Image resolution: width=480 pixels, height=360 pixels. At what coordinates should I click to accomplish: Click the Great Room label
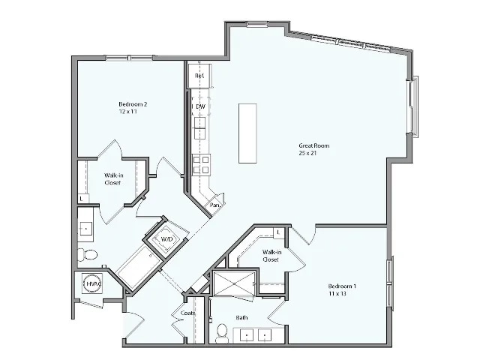313,145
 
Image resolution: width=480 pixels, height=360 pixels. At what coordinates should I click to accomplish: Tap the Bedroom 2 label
133,103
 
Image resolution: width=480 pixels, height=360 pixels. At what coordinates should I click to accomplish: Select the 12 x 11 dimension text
127,111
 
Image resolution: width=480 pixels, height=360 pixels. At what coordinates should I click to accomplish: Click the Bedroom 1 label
342,286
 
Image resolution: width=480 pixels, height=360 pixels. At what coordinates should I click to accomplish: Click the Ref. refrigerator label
199,76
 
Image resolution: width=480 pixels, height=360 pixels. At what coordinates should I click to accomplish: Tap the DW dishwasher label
200,107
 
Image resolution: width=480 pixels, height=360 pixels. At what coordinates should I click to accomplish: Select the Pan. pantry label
215,205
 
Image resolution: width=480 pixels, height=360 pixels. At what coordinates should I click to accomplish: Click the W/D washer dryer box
166,239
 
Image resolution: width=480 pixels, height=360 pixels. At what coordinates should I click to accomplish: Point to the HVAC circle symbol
92,284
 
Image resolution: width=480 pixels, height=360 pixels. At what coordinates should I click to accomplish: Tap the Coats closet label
187,313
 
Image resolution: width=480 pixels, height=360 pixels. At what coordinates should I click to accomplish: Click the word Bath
242,318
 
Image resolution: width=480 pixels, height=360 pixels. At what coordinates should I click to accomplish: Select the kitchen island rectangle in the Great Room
249,133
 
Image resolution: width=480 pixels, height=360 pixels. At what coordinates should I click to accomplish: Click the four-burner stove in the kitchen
201,163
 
